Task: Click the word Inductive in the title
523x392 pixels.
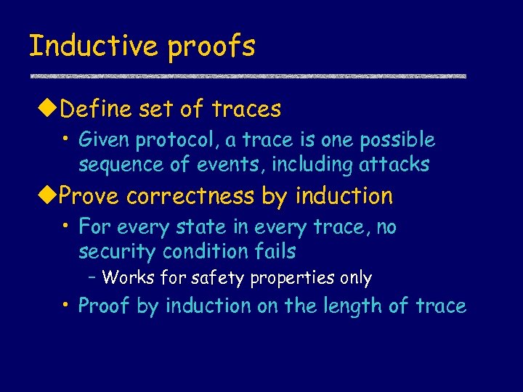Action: coord(94,46)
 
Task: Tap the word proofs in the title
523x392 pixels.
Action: coord(211,46)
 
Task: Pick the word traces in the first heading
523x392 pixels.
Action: coord(246,110)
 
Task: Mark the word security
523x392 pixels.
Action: coord(118,252)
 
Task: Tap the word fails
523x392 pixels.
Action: coord(275,252)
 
